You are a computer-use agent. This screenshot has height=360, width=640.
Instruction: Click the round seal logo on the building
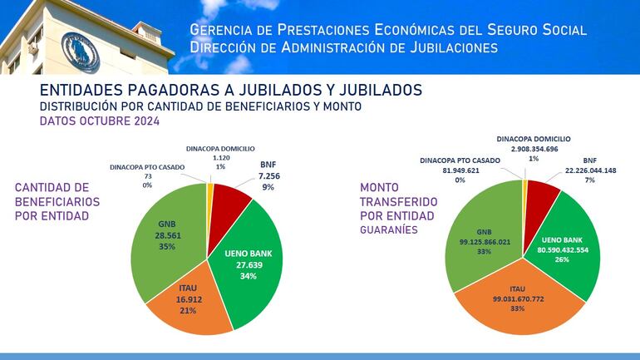[x=81, y=52]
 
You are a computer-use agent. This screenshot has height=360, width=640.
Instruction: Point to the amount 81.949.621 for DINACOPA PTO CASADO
[x=459, y=170]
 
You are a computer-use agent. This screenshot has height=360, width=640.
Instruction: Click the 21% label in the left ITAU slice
[x=187, y=310]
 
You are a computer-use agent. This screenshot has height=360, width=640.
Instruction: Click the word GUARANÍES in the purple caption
[x=388, y=232]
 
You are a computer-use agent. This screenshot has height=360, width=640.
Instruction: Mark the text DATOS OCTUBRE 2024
[x=99, y=121]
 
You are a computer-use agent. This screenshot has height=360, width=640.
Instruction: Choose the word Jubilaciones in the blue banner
[x=429, y=47]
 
